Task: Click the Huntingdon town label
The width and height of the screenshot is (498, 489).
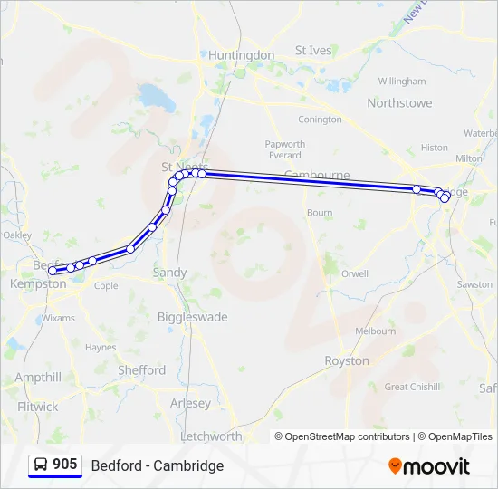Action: pyautogui.click(x=241, y=55)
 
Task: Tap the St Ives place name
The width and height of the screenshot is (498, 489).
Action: pyautogui.click(x=313, y=51)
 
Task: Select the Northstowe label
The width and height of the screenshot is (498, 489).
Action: pyautogui.click(x=398, y=103)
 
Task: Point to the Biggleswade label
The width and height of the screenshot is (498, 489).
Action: pyautogui.click(x=192, y=318)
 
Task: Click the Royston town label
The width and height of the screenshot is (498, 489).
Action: pyautogui.click(x=347, y=360)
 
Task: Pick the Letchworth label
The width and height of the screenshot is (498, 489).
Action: pyautogui.click(x=211, y=436)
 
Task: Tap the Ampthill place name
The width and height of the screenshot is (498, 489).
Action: pyautogui.click(x=38, y=378)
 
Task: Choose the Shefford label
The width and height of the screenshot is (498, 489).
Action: pyautogui.click(x=141, y=370)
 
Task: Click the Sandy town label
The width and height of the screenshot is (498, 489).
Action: pyautogui.click(x=169, y=273)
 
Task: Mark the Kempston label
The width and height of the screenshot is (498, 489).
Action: pyautogui.click(x=38, y=284)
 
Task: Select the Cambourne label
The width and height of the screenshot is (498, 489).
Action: pyautogui.click(x=317, y=174)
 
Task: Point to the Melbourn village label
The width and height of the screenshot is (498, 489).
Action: pyautogui.click(x=375, y=331)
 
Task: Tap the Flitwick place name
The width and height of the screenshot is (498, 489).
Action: pyautogui.click(x=37, y=407)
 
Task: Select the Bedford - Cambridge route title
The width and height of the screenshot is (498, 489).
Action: pyautogui.click(x=157, y=466)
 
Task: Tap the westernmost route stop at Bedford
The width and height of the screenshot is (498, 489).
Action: pyautogui.click(x=53, y=270)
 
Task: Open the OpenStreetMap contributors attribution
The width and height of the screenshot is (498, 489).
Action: pyautogui.click(x=348, y=436)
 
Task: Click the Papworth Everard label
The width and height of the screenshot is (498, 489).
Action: pyautogui.click(x=285, y=149)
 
